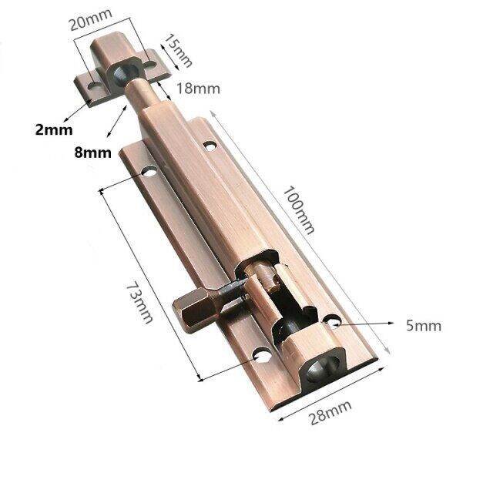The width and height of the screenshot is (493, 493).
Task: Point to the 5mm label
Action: coord(424,326)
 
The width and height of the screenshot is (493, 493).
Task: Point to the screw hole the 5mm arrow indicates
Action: coord(333,322)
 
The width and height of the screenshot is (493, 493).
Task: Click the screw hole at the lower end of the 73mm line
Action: coord(260,357)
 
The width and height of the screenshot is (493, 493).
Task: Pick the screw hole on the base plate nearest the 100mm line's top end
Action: coord(210,143)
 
